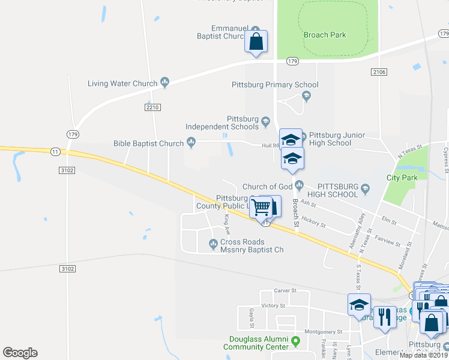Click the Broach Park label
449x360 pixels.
click(325, 35)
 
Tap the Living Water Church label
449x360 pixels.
click(122, 83)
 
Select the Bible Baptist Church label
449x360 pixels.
click(148, 143)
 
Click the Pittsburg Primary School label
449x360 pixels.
click(275, 85)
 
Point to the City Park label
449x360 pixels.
click(402, 178)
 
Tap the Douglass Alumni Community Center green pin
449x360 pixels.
click(295, 341)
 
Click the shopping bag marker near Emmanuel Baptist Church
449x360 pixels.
click(256, 42)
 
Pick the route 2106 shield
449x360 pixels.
click(379, 72)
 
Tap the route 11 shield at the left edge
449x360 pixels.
click(55, 152)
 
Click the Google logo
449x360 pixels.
click(20, 353)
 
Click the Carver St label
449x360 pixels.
click(285, 290)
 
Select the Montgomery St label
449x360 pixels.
click(323, 331)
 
